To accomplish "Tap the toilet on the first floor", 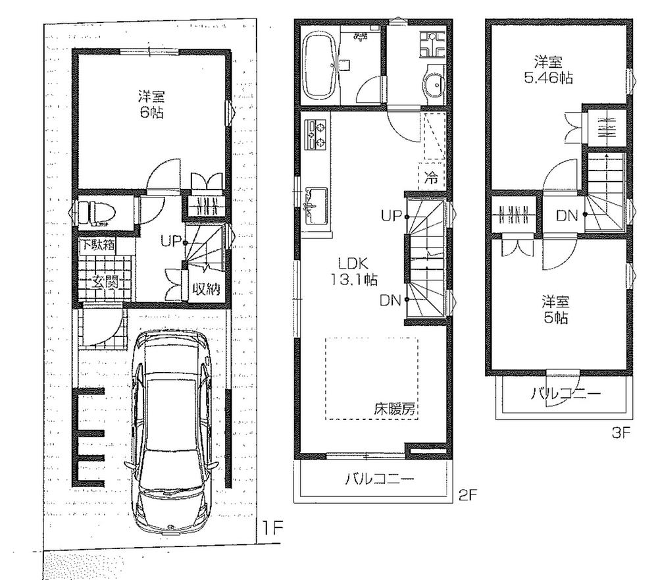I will point(95,212).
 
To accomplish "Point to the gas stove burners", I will point(316,134).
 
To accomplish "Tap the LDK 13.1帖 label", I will point(353,271).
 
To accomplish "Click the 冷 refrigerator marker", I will point(431,176).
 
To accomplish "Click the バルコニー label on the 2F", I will point(380,479).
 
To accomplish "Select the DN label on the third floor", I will point(567,215).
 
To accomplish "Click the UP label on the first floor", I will point(170,241).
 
